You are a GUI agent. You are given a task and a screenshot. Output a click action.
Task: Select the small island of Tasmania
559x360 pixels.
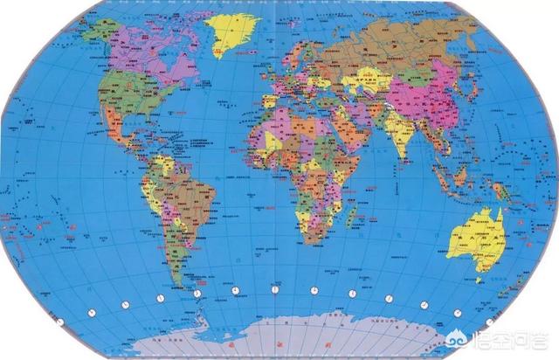click(x=479, y=279)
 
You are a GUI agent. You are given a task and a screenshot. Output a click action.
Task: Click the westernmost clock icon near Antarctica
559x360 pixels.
click(x=59, y=322)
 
